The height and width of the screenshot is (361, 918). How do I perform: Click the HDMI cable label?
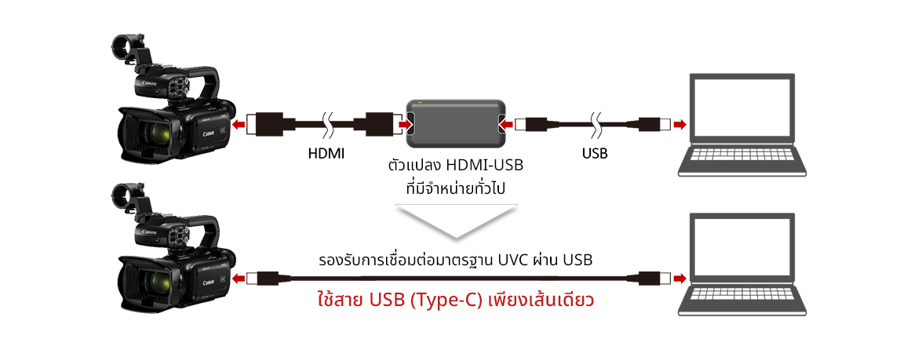tap(326, 154)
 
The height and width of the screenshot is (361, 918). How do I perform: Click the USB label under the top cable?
tap(595, 154)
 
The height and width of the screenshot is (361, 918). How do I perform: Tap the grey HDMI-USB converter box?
tap(456, 124)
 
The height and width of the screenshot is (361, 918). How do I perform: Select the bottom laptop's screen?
tap(741, 246)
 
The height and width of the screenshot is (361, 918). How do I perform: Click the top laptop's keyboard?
tap(741, 155)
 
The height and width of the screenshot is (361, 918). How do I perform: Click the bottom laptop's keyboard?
tap(741, 295)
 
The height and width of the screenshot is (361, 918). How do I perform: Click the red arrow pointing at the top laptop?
tap(679, 124)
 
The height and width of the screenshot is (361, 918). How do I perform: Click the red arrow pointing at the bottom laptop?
tap(679, 279)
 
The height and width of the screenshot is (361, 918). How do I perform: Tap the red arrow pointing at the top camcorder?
tap(239, 124)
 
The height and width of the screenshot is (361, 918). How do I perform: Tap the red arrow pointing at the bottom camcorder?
tap(239, 279)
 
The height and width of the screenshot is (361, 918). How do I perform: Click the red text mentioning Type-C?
tap(456, 301)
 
